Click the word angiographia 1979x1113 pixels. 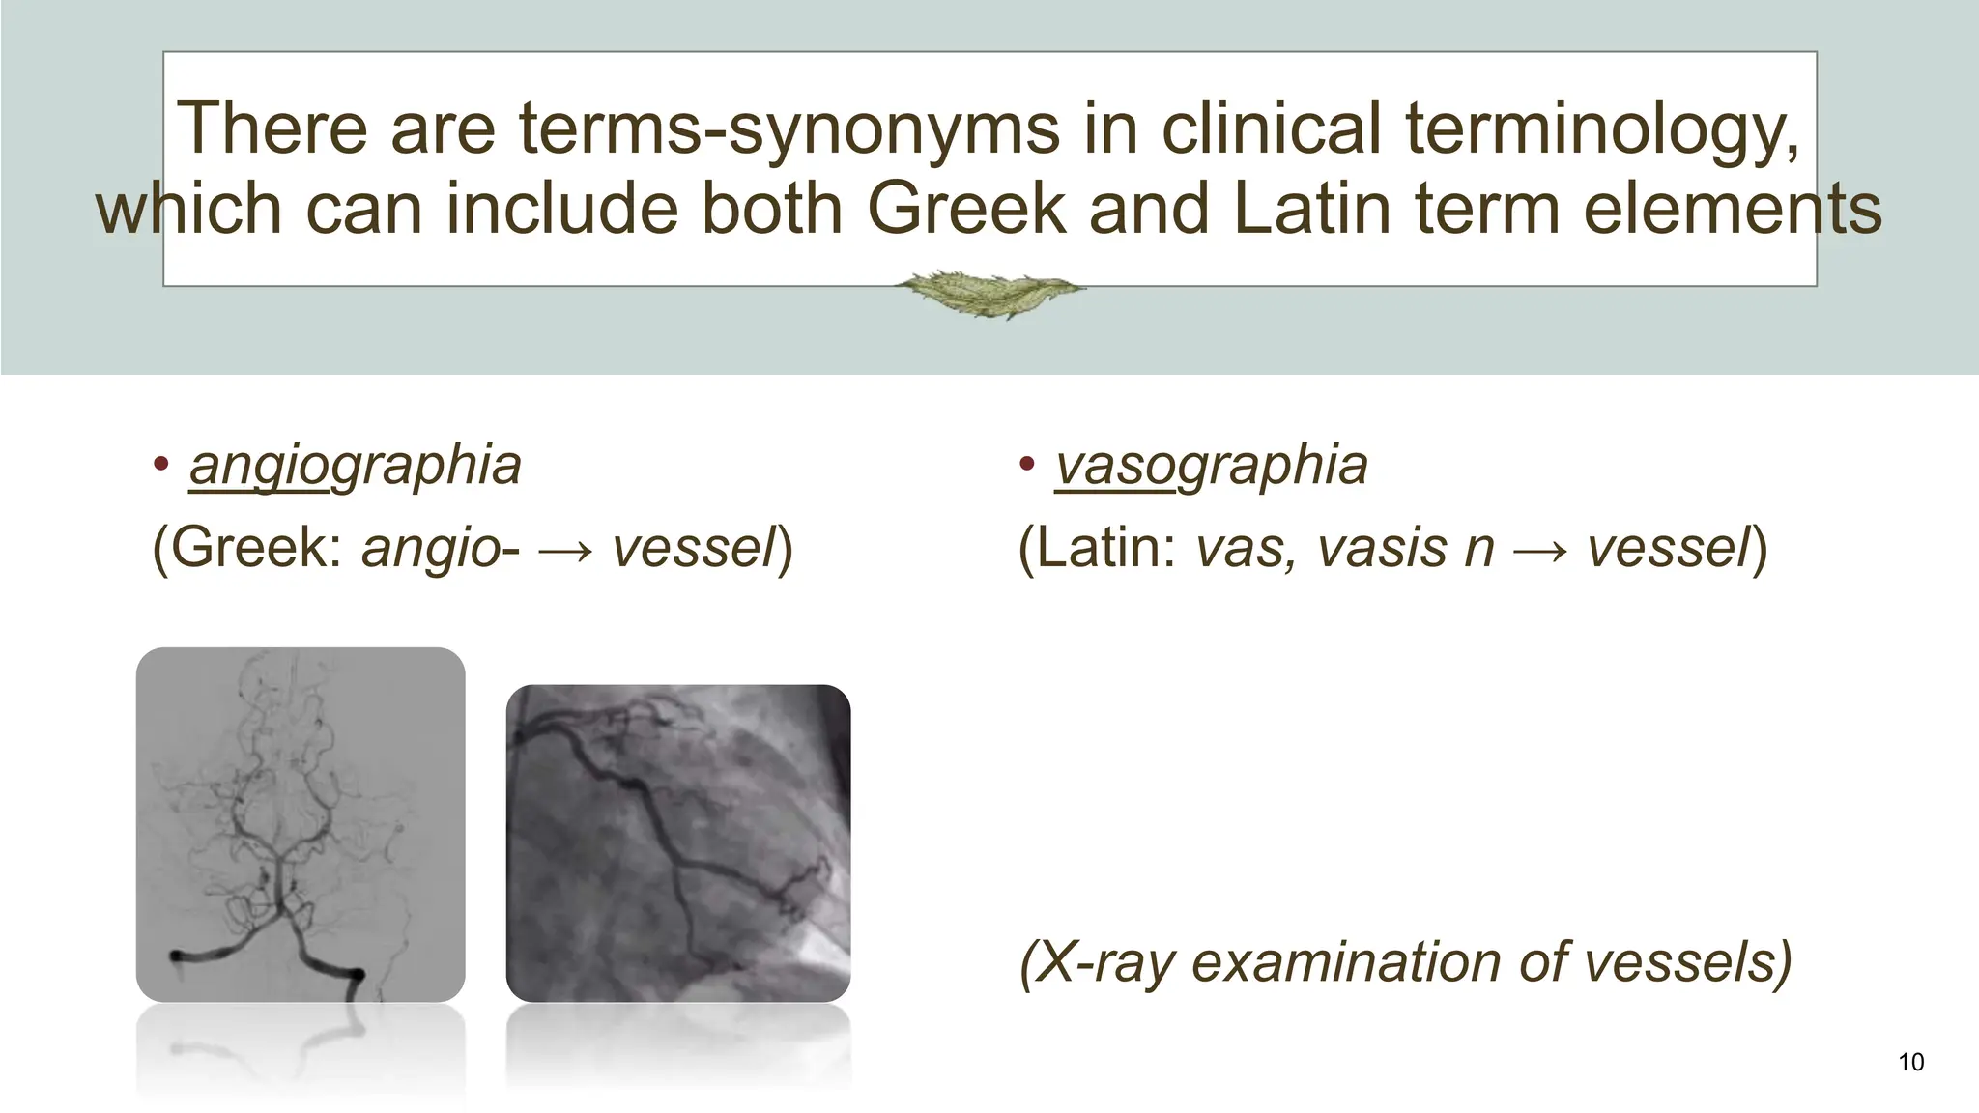(355, 466)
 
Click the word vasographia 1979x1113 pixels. (1211, 466)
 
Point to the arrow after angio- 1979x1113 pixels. (565, 550)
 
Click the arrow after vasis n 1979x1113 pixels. (1540, 550)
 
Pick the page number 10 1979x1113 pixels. (1910, 1063)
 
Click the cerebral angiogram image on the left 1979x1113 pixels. (301, 824)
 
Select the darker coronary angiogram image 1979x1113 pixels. (678, 842)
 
